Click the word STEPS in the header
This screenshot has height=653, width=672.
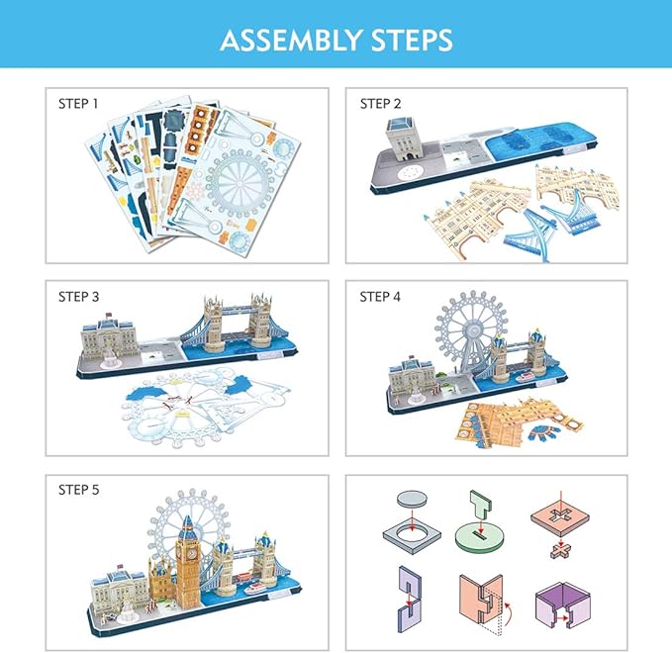pyautogui.click(x=407, y=40)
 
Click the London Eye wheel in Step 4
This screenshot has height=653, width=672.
pyautogui.click(x=470, y=334)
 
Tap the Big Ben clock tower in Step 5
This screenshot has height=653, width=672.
pyautogui.click(x=188, y=559)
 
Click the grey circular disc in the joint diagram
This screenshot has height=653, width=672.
pyautogui.click(x=407, y=501)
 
